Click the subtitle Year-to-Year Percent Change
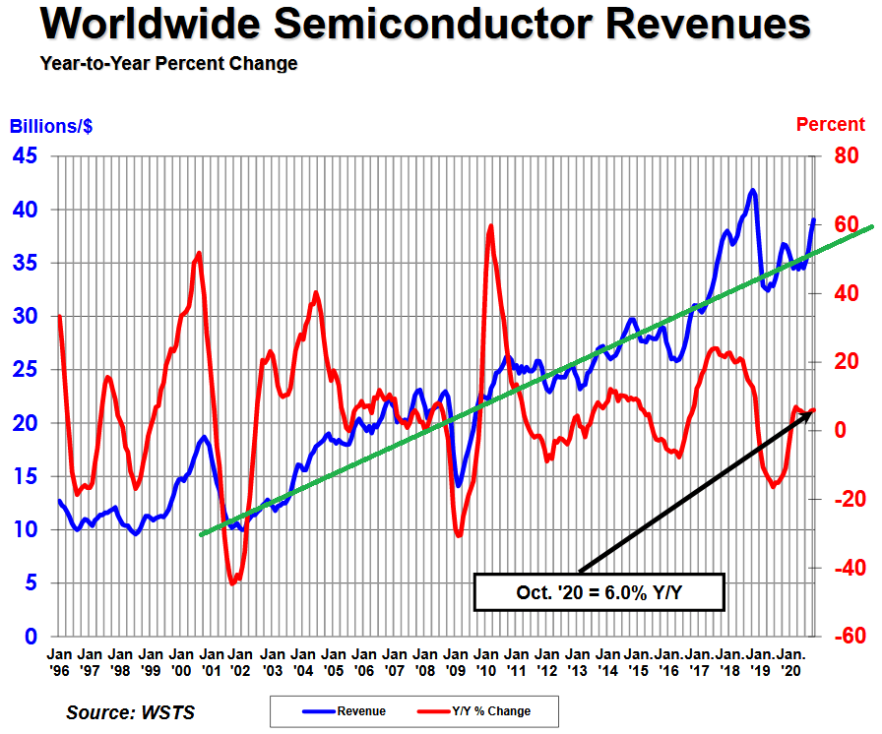[168, 64]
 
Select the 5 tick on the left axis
[32, 582]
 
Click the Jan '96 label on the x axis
[59, 661]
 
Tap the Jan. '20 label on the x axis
[789, 661]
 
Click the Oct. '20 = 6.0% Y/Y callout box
[599, 592]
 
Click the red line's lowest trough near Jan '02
[232, 583]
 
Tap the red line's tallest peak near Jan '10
[490, 226]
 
